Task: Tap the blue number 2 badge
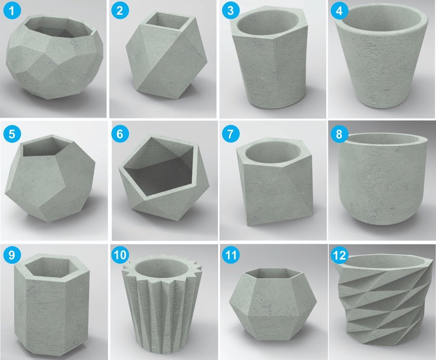120,10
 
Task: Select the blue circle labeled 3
231,10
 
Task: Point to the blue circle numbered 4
339,10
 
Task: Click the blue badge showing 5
12,134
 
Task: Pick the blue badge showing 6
120,134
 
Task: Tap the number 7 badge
231,134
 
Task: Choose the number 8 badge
339,134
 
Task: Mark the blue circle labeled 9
12,255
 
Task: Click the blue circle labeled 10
120,255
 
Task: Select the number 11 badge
231,255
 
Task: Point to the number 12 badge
339,255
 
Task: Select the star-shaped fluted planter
161,302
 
